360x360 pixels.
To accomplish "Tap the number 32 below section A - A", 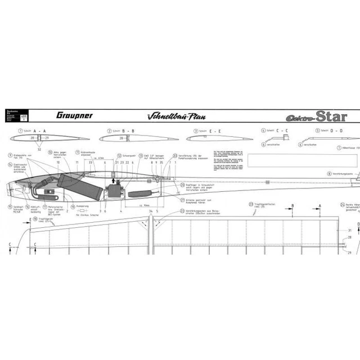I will point(39,150).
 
